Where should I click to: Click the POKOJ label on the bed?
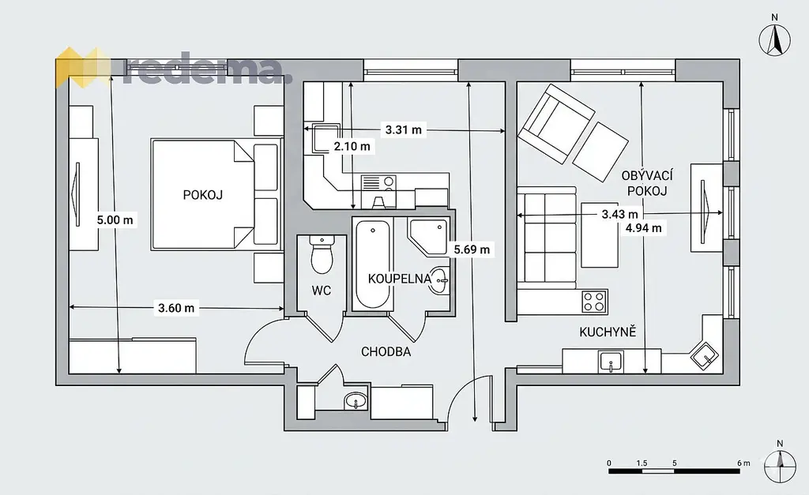coord(203,195)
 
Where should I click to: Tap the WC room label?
coord(321,291)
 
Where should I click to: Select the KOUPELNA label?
coord(399,279)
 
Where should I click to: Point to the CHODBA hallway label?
coord(386,351)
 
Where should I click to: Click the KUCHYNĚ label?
coord(608,332)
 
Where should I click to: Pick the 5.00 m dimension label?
coord(115,220)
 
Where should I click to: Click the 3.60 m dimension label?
coord(176,309)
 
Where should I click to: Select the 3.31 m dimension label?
coord(404,130)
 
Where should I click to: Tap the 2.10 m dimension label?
coord(352,146)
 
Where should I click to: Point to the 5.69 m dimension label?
coord(472,250)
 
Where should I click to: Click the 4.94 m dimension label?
coord(643,228)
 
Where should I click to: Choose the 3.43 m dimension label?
coord(619,214)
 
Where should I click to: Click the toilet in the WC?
coord(322,255)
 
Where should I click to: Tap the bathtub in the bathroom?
coord(373,264)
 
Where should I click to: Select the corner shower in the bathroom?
coord(427,237)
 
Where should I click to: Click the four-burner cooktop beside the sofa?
coord(594,302)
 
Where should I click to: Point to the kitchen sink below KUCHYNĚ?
coord(611,362)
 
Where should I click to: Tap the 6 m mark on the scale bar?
coord(743,463)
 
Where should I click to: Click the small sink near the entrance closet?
coord(356,400)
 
